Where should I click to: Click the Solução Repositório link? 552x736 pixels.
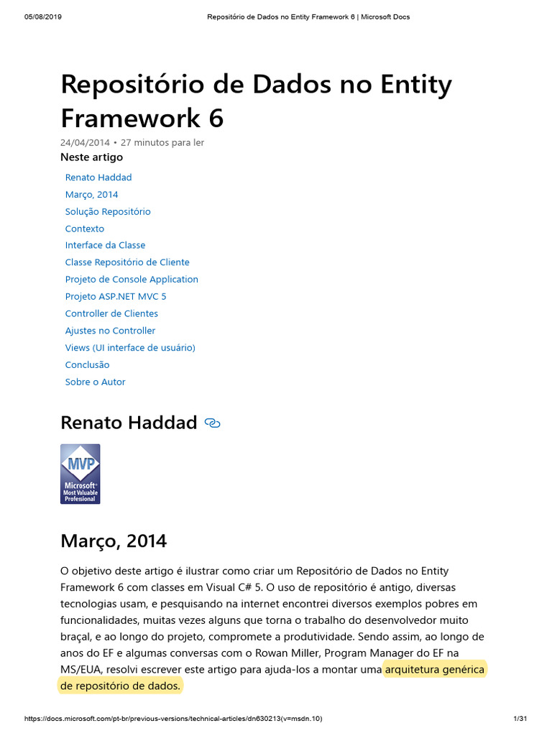[108, 211]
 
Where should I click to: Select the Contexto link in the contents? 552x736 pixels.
[85, 229]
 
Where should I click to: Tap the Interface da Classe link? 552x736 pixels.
[105, 245]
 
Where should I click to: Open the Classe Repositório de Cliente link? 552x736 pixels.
[127, 262]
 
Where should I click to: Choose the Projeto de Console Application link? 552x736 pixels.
[132, 280]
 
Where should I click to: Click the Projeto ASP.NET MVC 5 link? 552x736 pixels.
[116, 296]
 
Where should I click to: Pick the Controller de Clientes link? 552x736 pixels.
[111, 313]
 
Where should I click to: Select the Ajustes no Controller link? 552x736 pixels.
[110, 331]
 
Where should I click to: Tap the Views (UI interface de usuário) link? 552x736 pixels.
[130, 347]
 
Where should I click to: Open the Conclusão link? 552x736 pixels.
[87, 364]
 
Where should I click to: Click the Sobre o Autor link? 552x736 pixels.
[95, 382]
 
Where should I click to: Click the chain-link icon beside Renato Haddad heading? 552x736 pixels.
[212, 423]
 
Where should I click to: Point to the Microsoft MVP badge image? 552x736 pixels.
[80, 474]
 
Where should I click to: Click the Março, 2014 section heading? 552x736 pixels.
[114, 540]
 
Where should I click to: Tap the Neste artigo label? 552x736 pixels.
[91, 157]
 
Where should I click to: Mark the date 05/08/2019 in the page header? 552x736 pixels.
[43, 17]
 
